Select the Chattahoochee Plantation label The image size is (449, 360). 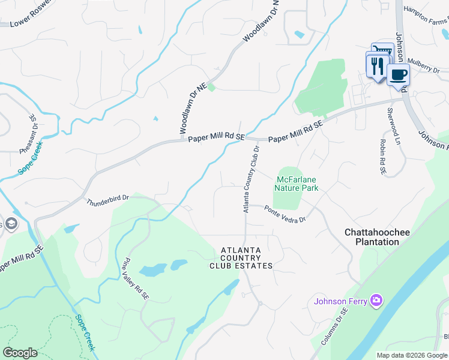pos(372,236)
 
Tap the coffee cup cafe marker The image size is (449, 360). pos(397,76)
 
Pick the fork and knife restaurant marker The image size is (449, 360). pos(377,64)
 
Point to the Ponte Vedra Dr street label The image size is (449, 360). pos(285,214)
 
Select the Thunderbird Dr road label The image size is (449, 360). pos(107,198)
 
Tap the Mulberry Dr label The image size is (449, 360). pos(424,65)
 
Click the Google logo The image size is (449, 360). pos(20,353)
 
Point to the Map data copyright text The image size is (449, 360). pos(411,355)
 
